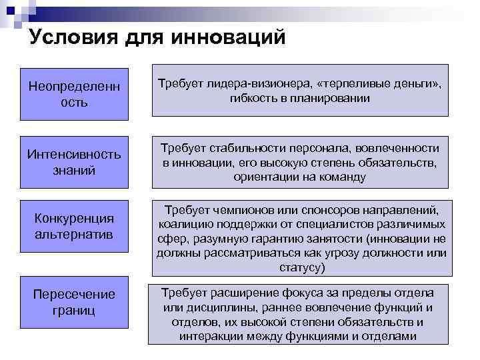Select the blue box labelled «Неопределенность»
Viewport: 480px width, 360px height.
(x=73, y=94)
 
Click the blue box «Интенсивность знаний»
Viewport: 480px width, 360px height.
(x=73, y=162)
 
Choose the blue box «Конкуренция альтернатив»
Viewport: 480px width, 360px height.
(x=73, y=227)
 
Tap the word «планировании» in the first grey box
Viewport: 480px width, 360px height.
(x=330, y=98)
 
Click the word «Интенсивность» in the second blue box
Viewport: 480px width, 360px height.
(x=73, y=155)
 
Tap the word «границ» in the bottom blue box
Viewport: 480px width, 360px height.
(x=73, y=310)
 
